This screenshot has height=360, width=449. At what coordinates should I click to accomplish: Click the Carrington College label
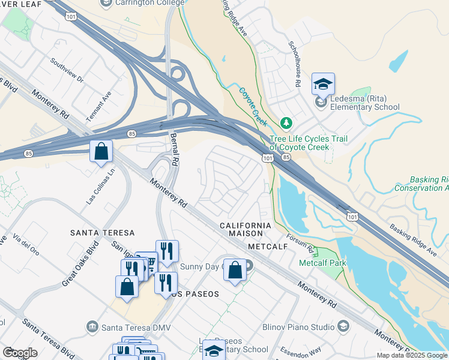click(x=145, y=3)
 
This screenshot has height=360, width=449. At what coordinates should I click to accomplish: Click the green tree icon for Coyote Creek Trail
click(x=286, y=123)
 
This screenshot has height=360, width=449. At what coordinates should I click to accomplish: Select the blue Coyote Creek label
click(x=253, y=103)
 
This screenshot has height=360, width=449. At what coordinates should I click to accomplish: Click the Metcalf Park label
click(x=322, y=263)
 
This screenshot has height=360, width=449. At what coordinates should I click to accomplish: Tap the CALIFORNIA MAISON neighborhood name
click(x=245, y=226)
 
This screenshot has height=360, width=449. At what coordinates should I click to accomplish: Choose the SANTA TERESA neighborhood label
click(x=102, y=232)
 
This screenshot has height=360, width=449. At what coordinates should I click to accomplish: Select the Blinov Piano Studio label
click(x=298, y=327)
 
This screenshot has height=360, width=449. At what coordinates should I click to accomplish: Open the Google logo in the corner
click(x=19, y=353)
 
